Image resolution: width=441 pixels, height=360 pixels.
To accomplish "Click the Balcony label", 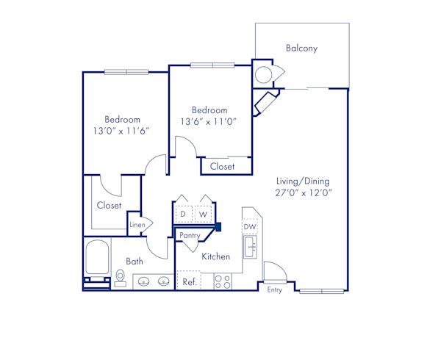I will click(301, 48).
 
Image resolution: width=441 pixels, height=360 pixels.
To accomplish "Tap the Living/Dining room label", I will click(303, 181).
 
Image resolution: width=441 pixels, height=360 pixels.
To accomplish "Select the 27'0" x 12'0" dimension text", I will click(303, 193).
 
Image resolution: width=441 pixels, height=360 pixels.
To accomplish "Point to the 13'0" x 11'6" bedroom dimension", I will click(121, 131).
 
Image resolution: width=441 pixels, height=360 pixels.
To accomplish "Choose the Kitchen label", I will click(215, 257).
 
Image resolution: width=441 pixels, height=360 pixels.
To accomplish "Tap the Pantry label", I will click(190, 235).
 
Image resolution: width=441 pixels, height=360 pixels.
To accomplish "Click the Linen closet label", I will click(137, 224).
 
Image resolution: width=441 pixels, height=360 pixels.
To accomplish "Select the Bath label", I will click(135, 261).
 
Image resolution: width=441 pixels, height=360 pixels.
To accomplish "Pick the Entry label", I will click(274, 290).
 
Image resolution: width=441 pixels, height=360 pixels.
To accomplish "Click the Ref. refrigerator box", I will click(189, 281).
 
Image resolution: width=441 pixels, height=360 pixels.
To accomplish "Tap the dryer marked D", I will click(183, 214).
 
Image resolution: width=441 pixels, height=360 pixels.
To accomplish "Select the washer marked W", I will click(202, 214).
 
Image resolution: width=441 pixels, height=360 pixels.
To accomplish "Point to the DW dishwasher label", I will click(250, 227).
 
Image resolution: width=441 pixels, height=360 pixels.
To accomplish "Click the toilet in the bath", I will click(121, 276).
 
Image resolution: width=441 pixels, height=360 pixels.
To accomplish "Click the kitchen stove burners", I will click(223, 281).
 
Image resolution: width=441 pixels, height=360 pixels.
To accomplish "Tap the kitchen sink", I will click(250, 247).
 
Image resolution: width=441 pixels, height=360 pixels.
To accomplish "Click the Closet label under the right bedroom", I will click(222, 167).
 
